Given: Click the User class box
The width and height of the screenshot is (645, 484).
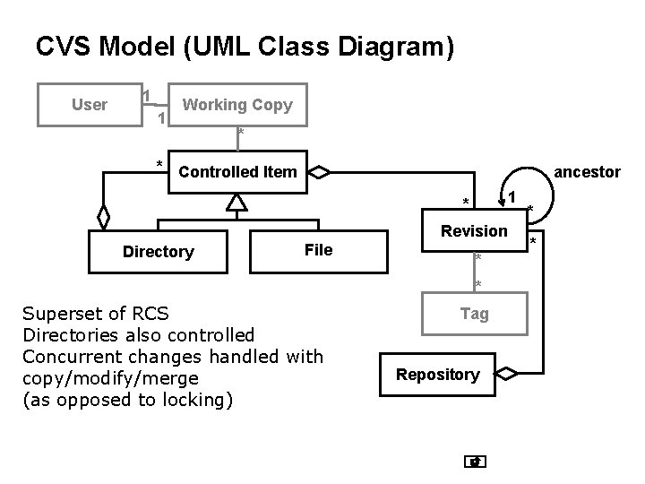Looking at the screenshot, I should pyautogui.click(x=89, y=105).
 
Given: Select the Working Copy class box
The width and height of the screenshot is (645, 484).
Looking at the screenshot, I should pyautogui.click(x=237, y=105).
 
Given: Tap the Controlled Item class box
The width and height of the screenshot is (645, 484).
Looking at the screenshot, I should pyautogui.click(x=237, y=171).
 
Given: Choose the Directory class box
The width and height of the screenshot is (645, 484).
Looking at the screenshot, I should pyautogui.click(x=158, y=252).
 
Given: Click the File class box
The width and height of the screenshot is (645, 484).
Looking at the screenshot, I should pyautogui.click(x=318, y=250).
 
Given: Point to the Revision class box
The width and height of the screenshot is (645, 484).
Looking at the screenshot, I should pyautogui.click(x=474, y=231).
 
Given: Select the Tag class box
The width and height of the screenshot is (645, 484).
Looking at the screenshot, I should pyautogui.click(x=474, y=313).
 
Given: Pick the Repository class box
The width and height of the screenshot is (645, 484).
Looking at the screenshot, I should pyautogui.click(x=438, y=374).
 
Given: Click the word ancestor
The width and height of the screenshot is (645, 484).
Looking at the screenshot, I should pyautogui.click(x=588, y=171).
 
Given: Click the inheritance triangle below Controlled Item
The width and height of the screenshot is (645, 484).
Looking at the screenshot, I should pyautogui.click(x=236, y=203).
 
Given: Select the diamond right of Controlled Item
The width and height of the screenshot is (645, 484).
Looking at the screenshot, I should pyautogui.click(x=320, y=171).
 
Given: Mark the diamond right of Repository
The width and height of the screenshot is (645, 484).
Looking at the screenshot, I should pyautogui.click(x=506, y=373).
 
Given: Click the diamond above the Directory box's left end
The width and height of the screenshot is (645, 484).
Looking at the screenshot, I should pyautogui.click(x=104, y=217).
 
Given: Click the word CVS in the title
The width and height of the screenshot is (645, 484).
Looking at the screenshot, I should pyautogui.click(x=61, y=47).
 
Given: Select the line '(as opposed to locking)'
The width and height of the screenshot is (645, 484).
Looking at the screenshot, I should pyautogui.click(x=126, y=400).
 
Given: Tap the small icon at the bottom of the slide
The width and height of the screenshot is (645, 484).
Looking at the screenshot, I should pyautogui.click(x=476, y=462).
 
